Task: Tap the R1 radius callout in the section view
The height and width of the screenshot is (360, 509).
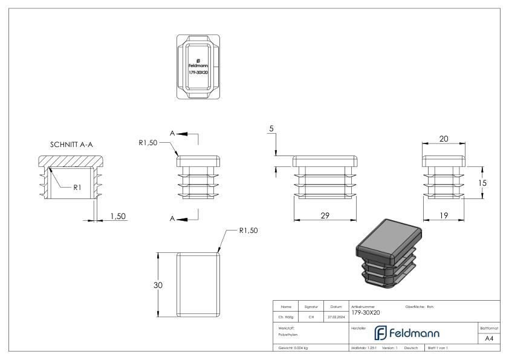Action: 77,188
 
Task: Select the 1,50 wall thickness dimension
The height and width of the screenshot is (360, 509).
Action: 117,216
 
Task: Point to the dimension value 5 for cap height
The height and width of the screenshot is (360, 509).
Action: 272,129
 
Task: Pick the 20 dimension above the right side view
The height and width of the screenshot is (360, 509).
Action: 444,139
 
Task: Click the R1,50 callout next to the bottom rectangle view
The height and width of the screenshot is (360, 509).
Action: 248,231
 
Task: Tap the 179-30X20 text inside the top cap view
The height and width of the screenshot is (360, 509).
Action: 198,72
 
